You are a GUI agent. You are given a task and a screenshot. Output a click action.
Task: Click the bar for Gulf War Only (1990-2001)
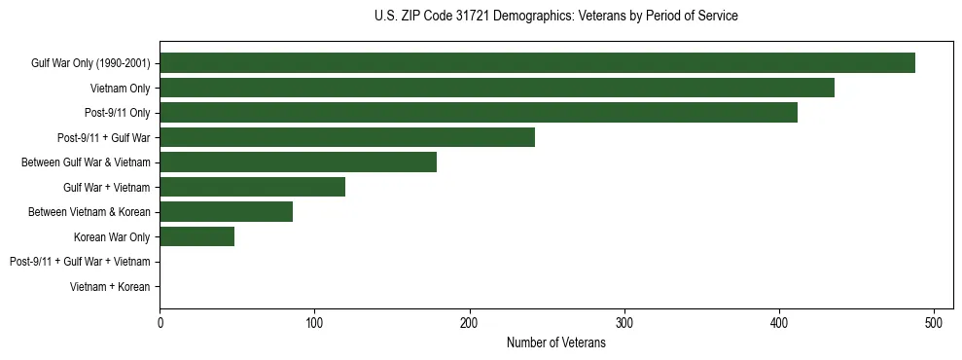pos(537,63)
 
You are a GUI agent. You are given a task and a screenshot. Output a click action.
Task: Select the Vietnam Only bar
pos(496,88)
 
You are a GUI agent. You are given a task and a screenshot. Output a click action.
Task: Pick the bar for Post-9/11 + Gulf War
pos(346,137)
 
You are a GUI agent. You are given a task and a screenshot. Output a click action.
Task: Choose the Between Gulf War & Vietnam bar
pos(298,162)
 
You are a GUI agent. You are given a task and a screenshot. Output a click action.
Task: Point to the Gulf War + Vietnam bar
pos(252,187)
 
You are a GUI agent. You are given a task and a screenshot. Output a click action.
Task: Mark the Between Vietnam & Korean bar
pos(226,212)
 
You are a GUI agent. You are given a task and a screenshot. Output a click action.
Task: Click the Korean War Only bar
pos(196,236)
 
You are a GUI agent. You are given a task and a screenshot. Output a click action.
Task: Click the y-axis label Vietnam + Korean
pos(110,287)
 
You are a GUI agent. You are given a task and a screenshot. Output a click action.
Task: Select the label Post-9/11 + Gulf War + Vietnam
pos(80,262)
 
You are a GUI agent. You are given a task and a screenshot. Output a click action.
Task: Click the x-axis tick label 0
pos(160,322)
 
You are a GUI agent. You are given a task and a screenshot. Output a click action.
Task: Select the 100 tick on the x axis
pos(314,322)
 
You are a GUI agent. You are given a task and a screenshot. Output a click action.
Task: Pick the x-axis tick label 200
pos(469,322)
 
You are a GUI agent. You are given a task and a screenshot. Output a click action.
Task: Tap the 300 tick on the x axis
pos(624,322)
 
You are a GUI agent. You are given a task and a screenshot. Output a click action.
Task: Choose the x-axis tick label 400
pos(779,322)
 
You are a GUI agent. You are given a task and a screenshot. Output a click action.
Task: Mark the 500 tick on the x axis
pos(934,322)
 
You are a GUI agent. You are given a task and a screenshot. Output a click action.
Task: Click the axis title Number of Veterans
pos(555,343)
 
